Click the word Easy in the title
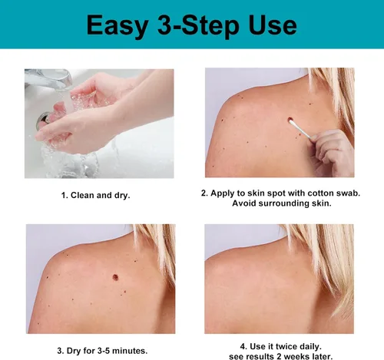pyautogui.click(x=118, y=26)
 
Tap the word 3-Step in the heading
pyautogui.click(x=198, y=25)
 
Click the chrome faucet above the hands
pyautogui.click(x=48, y=78)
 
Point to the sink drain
pyautogui.click(x=43, y=121)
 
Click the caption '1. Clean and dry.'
pyautogui.click(x=95, y=195)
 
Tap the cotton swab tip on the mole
pyautogui.click(x=291, y=122)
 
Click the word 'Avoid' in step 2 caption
pyautogui.click(x=244, y=203)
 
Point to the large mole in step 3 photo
pyautogui.click(x=115, y=277)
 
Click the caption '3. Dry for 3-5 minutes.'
pyautogui.click(x=102, y=351)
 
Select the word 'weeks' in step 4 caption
pyautogui.click(x=296, y=356)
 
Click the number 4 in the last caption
pyautogui.click(x=243, y=347)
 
